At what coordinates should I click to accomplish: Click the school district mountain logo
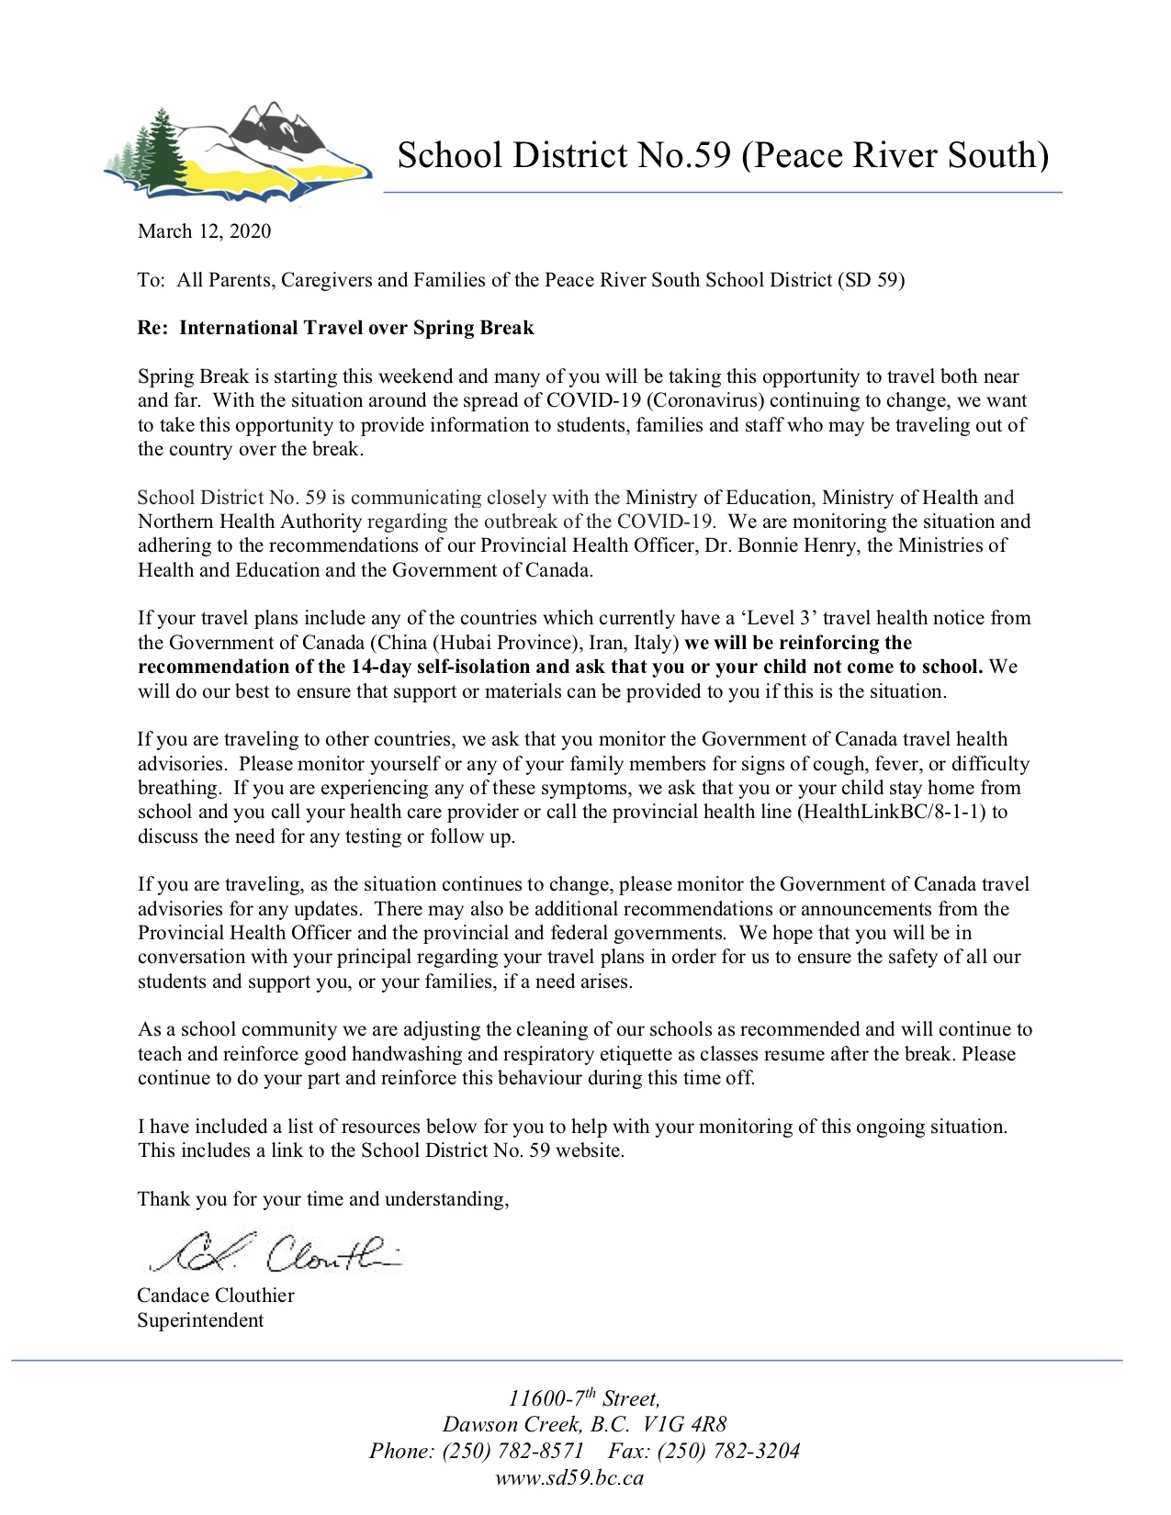(238, 151)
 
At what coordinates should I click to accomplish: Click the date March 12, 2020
(204, 231)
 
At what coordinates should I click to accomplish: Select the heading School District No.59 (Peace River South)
(722, 155)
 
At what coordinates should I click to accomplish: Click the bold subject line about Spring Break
(335, 328)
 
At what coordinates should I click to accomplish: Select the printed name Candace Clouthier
(216, 1296)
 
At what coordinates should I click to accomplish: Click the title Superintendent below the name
(200, 1320)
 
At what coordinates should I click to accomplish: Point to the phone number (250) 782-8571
(512, 1451)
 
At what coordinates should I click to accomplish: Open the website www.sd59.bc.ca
(569, 1477)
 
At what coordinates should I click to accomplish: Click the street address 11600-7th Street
(584, 1399)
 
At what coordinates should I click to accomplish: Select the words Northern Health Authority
(249, 522)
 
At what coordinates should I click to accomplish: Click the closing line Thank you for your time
(322, 1198)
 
